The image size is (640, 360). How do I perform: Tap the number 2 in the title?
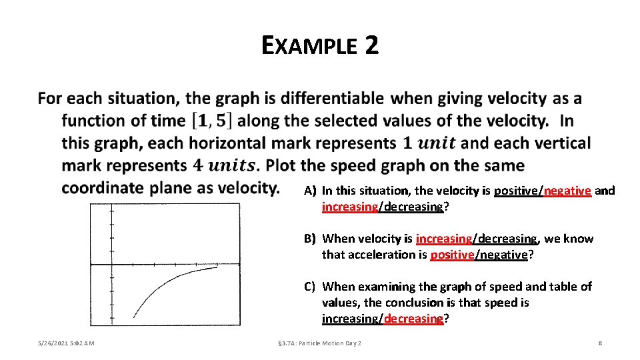tap(371, 45)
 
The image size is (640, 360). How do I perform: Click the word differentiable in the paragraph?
tap(332, 99)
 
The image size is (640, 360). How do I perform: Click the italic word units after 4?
tap(231, 166)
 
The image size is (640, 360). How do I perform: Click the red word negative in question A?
tap(567, 191)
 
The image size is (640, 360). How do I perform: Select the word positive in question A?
tap(517, 191)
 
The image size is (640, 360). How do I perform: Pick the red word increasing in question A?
tap(350, 207)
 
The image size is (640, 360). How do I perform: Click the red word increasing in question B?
tap(444, 239)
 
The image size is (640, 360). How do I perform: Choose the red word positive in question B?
tap(452, 255)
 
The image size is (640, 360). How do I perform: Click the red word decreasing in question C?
tap(413, 319)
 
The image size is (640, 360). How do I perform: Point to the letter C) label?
tap(310, 287)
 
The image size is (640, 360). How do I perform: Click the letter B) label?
tap(310, 239)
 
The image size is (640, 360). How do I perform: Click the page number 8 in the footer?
tap(601, 343)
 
